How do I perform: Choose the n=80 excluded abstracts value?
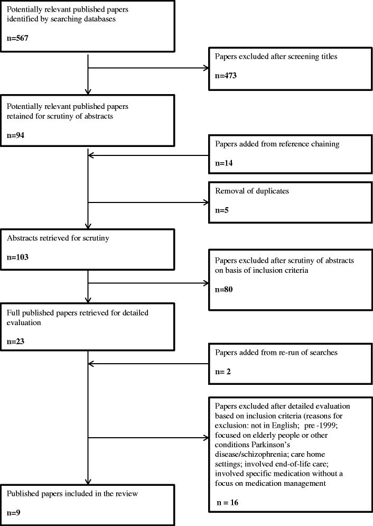click(x=223, y=290)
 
